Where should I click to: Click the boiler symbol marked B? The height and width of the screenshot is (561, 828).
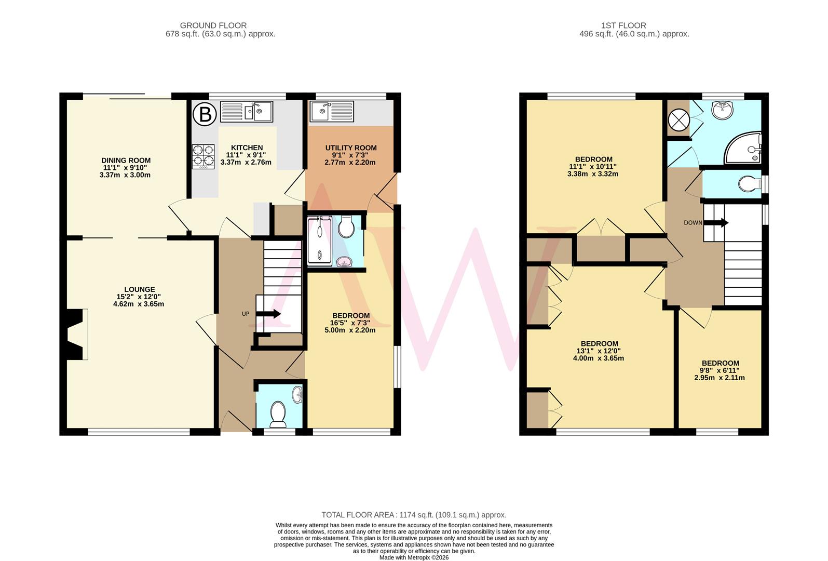[206, 114]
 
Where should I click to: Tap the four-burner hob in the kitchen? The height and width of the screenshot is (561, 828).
[203, 156]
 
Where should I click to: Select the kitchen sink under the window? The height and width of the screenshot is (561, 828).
[247, 112]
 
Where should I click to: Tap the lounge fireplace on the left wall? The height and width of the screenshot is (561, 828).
[75, 334]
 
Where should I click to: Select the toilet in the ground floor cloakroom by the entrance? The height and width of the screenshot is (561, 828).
[279, 415]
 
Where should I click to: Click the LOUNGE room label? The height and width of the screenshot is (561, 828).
[139, 289]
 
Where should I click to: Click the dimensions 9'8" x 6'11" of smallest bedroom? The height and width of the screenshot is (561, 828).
[720, 370]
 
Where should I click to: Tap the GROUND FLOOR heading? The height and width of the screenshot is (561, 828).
[213, 25]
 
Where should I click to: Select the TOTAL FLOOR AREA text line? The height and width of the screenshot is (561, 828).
[414, 515]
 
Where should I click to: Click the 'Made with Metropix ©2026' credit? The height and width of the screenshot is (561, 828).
[414, 557]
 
